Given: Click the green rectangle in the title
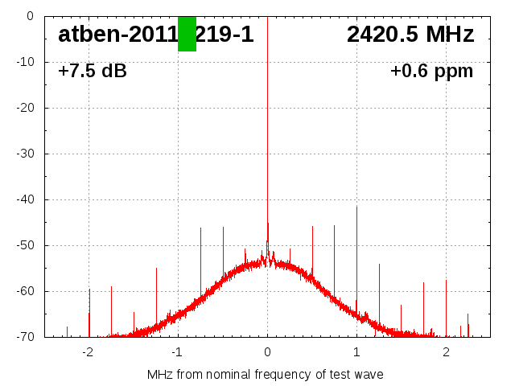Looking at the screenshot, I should coord(187,34).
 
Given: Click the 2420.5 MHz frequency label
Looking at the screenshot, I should coord(410,35).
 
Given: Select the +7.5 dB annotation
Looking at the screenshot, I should coord(93,71).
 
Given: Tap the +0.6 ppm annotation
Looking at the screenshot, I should coord(431,71).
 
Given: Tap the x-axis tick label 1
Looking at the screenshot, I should coord(356,352).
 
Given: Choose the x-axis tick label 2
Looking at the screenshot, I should coord(446,352).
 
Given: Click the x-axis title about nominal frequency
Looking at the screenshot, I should coord(266,375).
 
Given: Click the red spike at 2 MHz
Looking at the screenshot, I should coord(446,306).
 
